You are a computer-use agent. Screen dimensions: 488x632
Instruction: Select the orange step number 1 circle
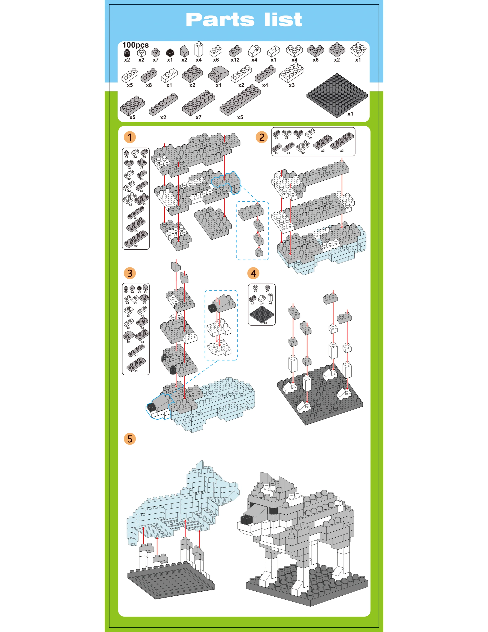(130, 137)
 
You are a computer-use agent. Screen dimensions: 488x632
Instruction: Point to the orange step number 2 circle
(262, 137)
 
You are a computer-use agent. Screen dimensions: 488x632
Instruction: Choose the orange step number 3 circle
(130, 273)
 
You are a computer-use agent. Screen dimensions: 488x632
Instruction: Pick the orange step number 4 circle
(253, 273)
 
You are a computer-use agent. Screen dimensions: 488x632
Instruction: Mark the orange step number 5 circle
(130, 439)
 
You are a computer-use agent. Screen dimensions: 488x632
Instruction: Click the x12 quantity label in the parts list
(235, 60)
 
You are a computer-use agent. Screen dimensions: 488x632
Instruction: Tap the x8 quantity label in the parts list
(149, 85)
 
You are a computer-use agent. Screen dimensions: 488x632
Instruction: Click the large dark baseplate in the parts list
(337, 96)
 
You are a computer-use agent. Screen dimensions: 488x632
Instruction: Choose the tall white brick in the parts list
(199, 49)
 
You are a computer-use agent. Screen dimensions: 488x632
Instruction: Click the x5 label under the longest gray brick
(240, 117)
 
